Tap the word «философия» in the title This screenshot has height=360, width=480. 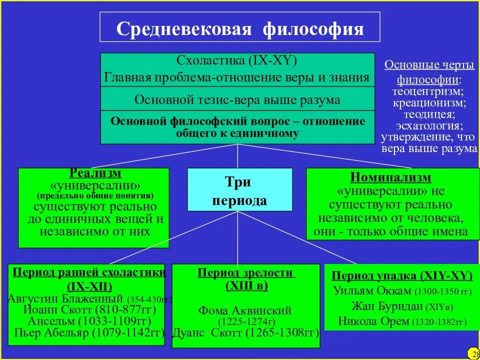(x=313, y=29)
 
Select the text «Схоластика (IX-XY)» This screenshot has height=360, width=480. (x=237, y=61)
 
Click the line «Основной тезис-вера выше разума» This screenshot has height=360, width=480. (x=237, y=99)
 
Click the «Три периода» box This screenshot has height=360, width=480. (x=239, y=190)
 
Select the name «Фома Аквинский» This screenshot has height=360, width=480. (x=245, y=311)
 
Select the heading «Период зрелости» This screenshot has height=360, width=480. (x=245, y=273)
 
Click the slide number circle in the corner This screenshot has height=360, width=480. (x=473, y=354)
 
